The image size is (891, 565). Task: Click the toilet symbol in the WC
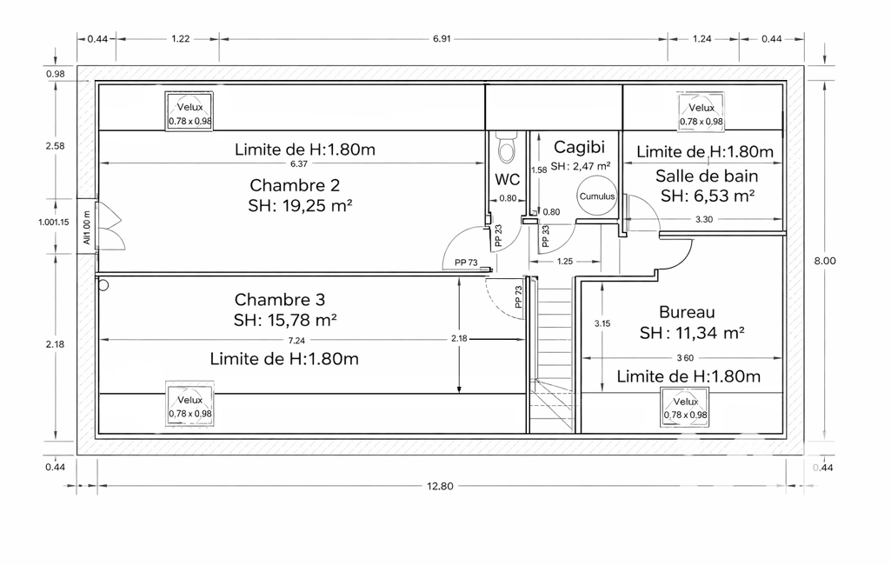[506, 147]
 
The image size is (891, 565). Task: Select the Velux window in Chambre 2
[190, 111]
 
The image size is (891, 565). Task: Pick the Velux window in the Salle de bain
[701, 112]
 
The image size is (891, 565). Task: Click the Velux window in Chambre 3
[190, 405]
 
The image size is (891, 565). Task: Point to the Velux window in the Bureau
[685, 407]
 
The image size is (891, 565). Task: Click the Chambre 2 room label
[295, 185]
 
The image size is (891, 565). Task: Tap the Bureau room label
[687, 312]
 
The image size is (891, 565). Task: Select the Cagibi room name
[579, 147]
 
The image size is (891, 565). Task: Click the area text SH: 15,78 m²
[285, 320]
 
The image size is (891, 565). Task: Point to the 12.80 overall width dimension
[441, 486]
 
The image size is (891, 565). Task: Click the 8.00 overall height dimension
[825, 261]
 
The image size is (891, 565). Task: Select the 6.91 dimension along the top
[442, 38]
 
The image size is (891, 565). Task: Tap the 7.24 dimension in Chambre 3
[296, 341]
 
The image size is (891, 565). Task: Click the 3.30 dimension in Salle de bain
[703, 219]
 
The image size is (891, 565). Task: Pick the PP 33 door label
[546, 236]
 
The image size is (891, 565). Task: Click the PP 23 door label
[498, 236]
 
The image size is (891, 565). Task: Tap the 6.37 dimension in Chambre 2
[298, 163]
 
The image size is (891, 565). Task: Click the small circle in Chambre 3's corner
[103, 285]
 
